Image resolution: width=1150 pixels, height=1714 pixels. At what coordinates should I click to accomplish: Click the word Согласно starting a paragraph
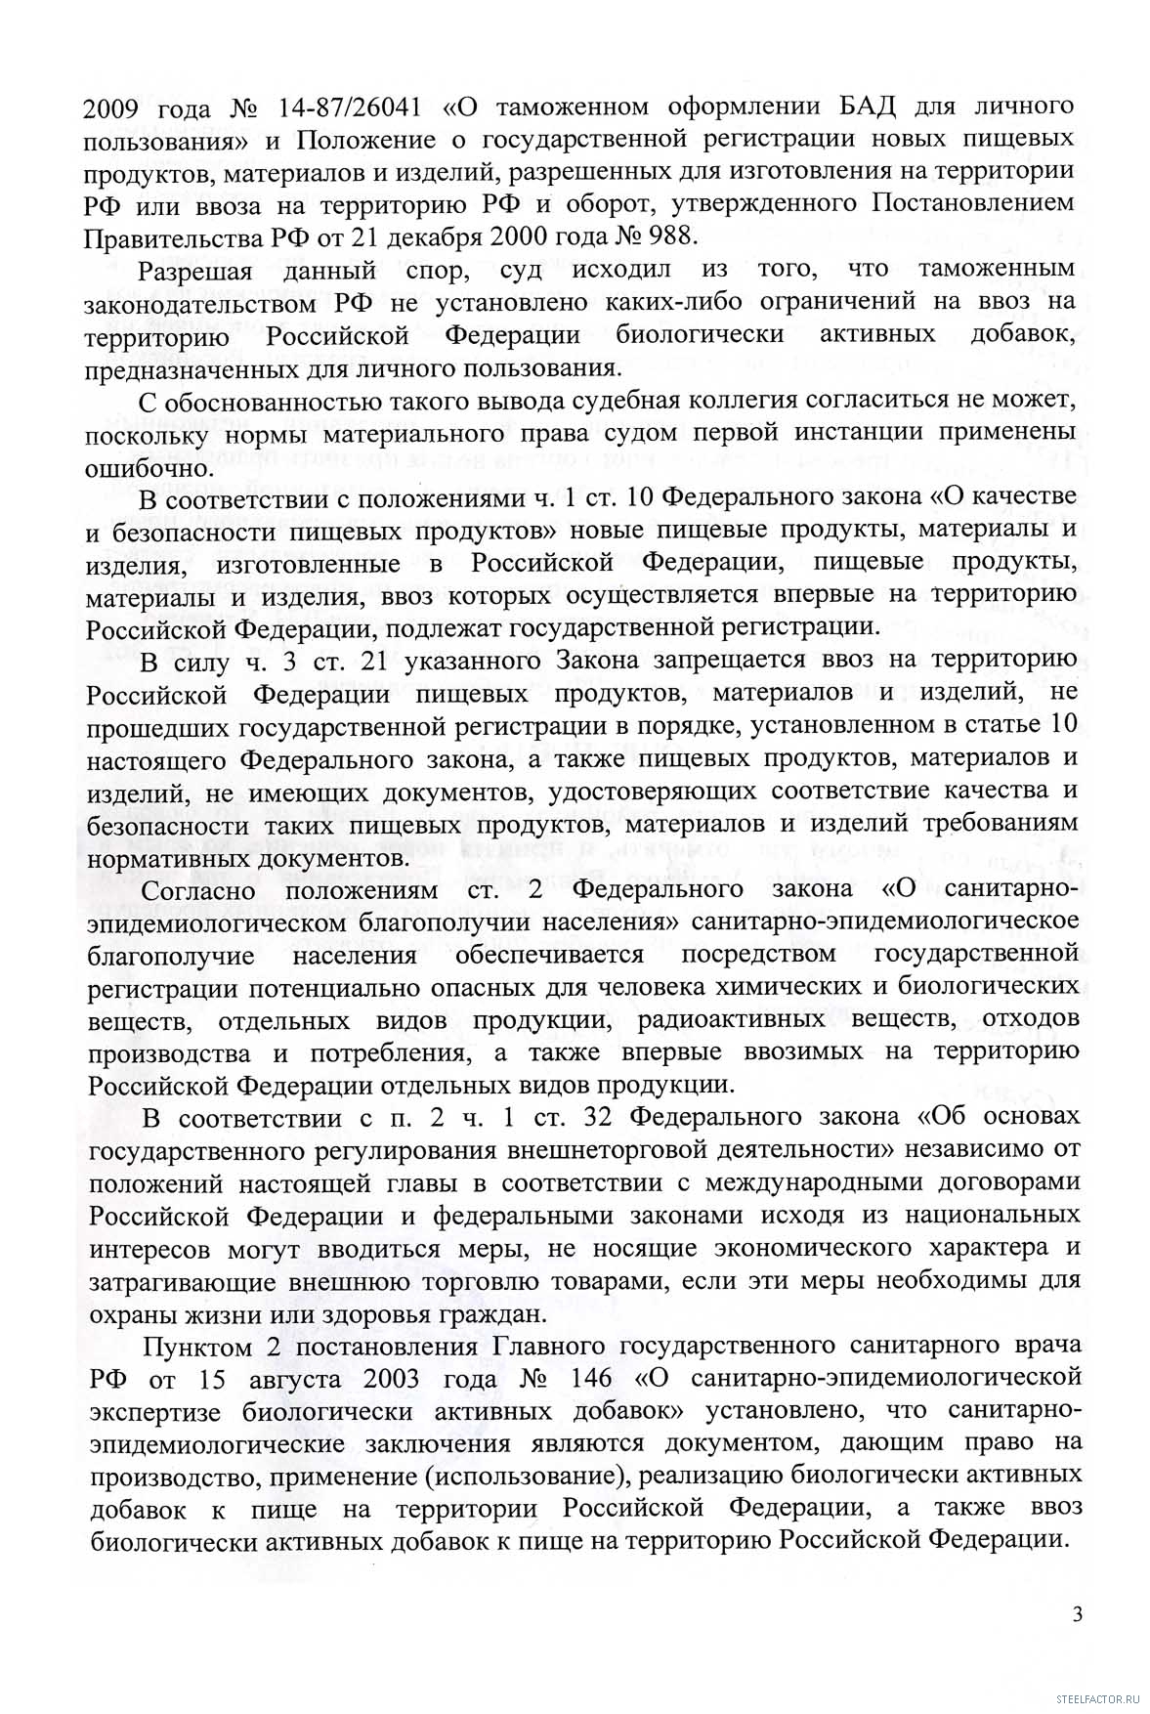[198, 891]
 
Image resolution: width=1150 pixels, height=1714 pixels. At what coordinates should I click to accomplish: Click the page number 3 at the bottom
[1077, 1613]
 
